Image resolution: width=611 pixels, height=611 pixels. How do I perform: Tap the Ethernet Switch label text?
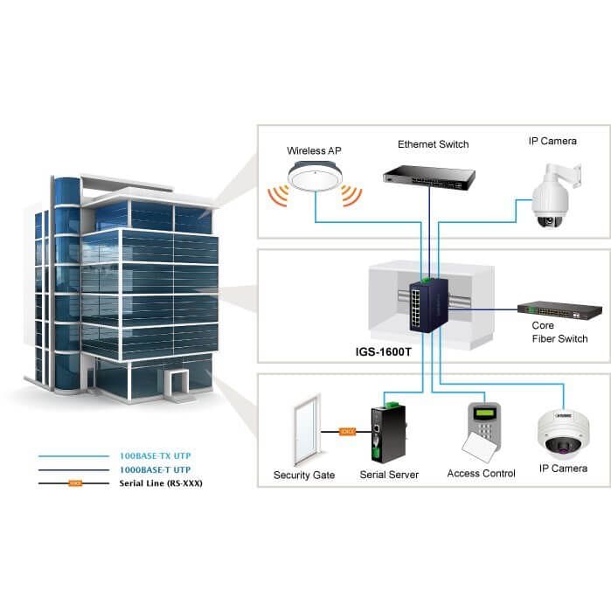click(433, 144)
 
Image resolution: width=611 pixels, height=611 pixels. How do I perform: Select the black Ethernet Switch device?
click(429, 177)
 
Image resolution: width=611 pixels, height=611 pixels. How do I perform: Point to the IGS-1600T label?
click(383, 352)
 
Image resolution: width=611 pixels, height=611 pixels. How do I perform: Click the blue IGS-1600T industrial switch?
click(428, 305)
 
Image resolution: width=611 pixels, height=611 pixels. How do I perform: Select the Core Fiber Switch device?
click(559, 310)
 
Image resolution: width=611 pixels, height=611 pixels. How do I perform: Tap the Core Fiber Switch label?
click(559, 332)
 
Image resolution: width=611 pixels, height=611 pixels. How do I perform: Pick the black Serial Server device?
click(389, 433)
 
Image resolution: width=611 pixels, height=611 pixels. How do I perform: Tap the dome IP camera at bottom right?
click(564, 433)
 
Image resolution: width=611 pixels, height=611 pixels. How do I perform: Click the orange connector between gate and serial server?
click(347, 431)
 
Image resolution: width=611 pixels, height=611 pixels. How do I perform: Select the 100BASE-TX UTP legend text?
click(155, 455)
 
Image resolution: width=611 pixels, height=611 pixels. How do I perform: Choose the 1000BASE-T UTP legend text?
click(155, 469)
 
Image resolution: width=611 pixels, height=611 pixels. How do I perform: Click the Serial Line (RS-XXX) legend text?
click(161, 483)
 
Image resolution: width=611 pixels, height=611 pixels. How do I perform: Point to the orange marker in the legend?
click(75, 483)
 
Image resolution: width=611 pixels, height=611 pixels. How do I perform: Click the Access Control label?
click(482, 474)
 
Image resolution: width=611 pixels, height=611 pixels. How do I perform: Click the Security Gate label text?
click(304, 475)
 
